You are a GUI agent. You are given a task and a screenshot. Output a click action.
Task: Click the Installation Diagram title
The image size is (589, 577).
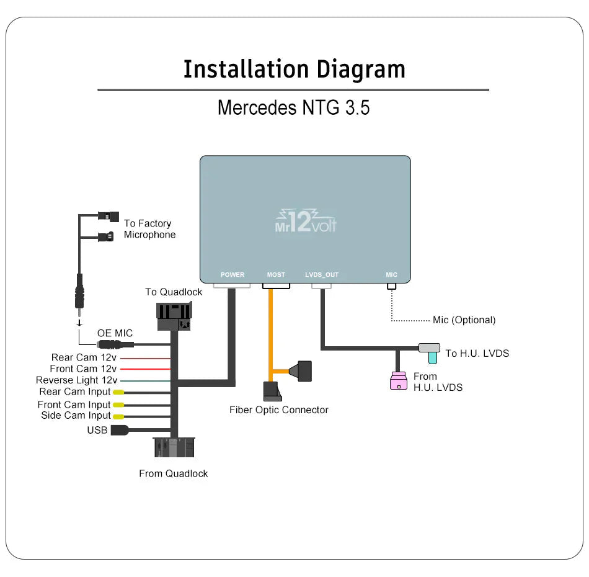[294, 69]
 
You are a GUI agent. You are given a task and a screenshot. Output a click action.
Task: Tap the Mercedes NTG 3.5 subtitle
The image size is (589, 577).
[293, 107]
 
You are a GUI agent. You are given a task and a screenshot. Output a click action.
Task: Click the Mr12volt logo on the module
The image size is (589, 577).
[306, 221]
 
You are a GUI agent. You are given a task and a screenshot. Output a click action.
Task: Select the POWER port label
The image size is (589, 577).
[232, 275]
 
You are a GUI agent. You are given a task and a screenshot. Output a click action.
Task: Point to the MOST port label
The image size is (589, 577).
[276, 275]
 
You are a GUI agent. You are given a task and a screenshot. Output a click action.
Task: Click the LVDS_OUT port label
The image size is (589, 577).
[322, 275]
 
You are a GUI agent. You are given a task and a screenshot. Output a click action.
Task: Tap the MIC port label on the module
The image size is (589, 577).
[391, 275]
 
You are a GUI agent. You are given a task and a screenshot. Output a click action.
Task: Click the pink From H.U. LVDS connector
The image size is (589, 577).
[398, 380]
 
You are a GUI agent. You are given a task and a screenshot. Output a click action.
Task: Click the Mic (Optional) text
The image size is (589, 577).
[464, 320]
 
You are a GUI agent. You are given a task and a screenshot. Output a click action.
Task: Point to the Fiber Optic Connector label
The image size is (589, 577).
[279, 409]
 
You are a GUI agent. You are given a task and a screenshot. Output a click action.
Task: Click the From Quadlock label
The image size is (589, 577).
[173, 473]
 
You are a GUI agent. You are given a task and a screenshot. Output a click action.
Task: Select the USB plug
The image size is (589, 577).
[120, 430]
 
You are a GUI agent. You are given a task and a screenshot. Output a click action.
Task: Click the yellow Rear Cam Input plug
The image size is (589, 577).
[118, 392]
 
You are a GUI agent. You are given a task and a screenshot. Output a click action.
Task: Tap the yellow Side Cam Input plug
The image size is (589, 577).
[118, 416]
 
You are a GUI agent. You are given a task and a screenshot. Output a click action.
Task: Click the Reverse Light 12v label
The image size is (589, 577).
[76, 380]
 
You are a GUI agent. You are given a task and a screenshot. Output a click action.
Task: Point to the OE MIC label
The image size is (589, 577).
[115, 334]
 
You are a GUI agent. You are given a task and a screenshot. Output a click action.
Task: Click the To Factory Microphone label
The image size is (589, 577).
[149, 229]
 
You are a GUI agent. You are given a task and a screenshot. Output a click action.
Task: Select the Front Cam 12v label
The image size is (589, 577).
[83, 369]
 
